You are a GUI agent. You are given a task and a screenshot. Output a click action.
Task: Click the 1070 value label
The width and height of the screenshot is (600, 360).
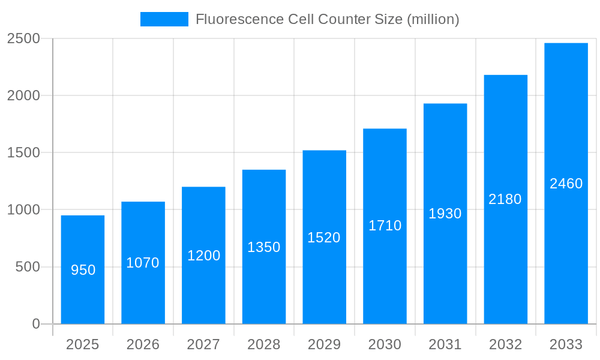[x=143, y=263]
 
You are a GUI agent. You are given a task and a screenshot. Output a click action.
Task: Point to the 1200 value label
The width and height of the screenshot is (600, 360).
[x=203, y=256]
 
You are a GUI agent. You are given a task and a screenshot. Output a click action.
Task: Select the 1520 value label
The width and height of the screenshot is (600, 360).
[x=324, y=238]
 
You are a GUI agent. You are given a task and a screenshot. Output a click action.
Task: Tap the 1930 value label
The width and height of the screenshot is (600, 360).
[x=445, y=214]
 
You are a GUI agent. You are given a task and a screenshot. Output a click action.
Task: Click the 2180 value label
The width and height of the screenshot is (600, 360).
[x=505, y=199]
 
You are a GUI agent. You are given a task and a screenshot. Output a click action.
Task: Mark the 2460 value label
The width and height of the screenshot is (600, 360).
[x=566, y=184]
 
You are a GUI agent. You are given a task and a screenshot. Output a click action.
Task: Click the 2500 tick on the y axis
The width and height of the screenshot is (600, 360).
[x=23, y=38]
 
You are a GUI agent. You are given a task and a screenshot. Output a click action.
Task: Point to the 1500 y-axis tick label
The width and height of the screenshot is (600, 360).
[x=23, y=152]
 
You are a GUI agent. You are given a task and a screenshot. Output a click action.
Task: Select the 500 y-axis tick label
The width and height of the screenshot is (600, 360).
[x=28, y=267]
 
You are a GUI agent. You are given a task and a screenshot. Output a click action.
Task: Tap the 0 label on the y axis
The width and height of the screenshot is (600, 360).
[x=35, y=324]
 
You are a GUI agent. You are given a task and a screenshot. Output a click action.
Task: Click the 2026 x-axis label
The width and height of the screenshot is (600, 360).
[x=143, y=344]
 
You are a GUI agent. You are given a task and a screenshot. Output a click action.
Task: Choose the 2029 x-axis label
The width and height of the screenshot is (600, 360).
[x=324, y=344]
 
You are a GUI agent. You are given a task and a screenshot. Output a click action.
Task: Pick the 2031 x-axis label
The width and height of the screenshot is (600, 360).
[x=445, y=344]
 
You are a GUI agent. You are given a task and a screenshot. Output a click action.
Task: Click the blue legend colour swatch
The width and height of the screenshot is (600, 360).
[x=164, y=19]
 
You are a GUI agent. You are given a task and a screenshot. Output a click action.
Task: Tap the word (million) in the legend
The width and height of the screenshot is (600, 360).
[x=433, y=19]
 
